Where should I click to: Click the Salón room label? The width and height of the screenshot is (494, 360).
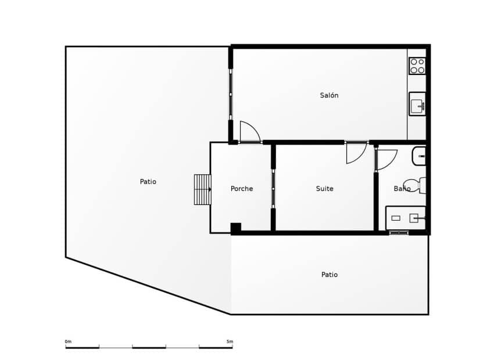coord(329,95)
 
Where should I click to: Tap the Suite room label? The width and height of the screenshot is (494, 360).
coord(324,189)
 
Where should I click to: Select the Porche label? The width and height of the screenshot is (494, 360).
coord(242,189)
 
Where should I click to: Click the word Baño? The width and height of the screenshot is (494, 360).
coord(402,189)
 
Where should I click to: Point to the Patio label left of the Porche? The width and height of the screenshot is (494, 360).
coord(148,182)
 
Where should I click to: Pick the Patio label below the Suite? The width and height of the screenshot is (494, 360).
coord(330,275)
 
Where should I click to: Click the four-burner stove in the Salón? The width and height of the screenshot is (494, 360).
coord(417,66)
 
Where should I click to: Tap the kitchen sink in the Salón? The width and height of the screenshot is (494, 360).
coord(417,105)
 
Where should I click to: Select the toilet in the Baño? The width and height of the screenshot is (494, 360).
coord(414,185)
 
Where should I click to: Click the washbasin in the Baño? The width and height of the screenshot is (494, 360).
coord(420,156)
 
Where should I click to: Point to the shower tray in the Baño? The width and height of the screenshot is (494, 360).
coord(406,218)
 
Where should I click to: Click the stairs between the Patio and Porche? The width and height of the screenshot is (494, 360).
coord(202,189)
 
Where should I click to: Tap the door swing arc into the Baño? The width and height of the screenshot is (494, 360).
coord(386,159)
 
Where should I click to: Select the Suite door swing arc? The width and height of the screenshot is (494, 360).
coord(356,153)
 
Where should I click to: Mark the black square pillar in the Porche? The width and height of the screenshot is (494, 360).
coord(235,228)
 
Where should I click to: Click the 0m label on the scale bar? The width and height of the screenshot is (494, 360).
coord(68,341)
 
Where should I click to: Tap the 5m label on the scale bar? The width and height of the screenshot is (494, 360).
coord(230,341)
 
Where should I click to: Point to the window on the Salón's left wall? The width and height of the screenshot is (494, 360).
coord(231,94)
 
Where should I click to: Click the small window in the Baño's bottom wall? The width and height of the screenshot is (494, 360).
coord(399,233)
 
